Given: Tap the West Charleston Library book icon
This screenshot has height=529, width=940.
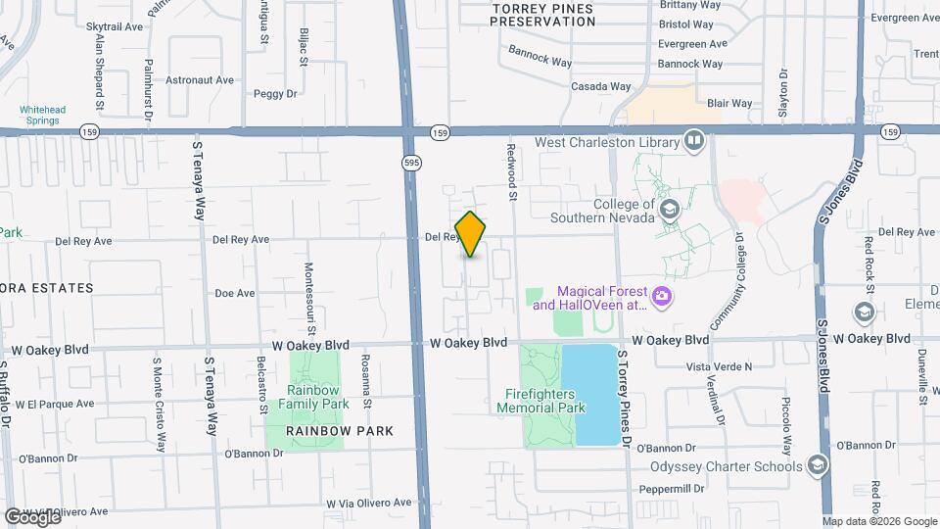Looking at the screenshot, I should point(694,142).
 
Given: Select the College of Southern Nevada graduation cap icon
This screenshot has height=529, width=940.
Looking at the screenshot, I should point(670,210).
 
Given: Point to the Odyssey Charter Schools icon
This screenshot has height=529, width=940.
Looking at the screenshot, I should point(818,465).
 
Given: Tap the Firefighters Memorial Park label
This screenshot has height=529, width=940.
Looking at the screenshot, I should point(545,401).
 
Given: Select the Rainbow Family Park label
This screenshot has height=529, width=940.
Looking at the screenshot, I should point(313,397).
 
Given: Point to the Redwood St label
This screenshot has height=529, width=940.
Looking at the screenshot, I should point(511,172).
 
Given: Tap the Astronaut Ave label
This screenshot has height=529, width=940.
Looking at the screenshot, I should point(201,79).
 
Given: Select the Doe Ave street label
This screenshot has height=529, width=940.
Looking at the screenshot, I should point(234,293).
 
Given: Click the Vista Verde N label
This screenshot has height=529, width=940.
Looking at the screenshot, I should point(720,366).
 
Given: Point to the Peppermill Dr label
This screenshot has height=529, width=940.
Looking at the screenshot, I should point(671,488).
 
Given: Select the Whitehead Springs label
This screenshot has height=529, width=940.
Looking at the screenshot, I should point(39,115).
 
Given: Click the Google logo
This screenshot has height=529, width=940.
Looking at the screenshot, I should point(32,516).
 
